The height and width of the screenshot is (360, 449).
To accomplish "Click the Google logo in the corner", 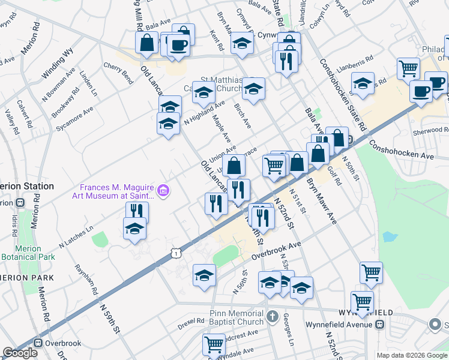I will pos(20,353).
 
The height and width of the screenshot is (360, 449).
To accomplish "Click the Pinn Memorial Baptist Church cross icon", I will pos(272,316).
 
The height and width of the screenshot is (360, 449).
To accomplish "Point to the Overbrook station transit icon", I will pos(39,344).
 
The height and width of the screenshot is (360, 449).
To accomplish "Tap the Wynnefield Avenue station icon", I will pos(379,325).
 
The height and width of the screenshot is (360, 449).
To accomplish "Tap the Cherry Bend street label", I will pos(118,72).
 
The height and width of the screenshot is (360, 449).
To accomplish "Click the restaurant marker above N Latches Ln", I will pos(137,212).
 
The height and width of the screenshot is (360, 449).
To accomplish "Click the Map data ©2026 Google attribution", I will pos(412,355).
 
